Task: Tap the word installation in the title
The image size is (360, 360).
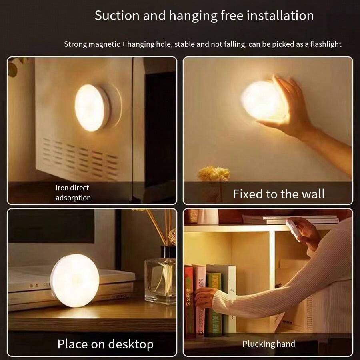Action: point(280,16)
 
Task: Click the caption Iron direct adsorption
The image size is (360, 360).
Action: point(73,193)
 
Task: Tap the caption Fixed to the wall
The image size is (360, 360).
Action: point(279,194)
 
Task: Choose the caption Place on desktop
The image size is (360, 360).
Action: point(105,344)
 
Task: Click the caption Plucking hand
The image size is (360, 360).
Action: point(268,344)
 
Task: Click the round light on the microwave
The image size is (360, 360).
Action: point(92,108)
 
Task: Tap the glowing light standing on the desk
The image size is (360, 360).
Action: point(75,280)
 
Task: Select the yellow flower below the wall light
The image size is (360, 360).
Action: point(214,174)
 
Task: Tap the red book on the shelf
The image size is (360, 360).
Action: point(188,300)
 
